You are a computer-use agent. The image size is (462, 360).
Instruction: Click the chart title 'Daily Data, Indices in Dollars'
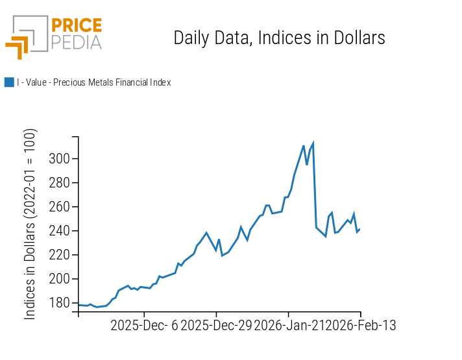click(279, 38)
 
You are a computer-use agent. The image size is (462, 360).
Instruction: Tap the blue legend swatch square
click(9, 82)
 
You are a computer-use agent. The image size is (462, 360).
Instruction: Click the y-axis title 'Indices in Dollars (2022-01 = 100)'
click(30, 224)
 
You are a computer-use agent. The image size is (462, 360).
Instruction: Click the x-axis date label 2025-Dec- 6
click(144, 326)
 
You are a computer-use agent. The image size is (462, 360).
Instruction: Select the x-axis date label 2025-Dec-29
click(216, 326)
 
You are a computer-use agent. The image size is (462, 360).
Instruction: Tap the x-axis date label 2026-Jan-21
click(288, 326)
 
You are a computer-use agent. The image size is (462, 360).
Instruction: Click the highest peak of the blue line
click(314, 142)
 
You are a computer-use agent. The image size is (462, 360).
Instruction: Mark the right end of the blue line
click(359, 228)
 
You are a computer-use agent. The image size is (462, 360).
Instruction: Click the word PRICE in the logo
click(77, 25)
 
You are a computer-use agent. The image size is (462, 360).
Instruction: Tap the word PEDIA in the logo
click(77, 43)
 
